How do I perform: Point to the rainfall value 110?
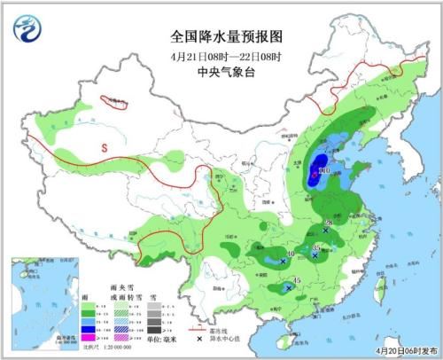(323, 169)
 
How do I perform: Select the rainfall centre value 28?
(328, 223)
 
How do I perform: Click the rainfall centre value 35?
(319, 246)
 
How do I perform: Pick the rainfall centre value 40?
(288, 254)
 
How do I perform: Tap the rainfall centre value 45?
(297, 281)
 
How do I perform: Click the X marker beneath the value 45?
(290, 288)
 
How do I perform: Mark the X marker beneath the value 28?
(326, 231)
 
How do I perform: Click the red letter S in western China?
(103, 147)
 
